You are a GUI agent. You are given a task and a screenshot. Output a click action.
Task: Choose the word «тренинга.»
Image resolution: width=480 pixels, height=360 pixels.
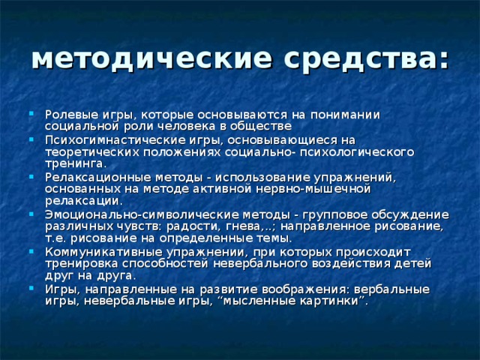[75, 165]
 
